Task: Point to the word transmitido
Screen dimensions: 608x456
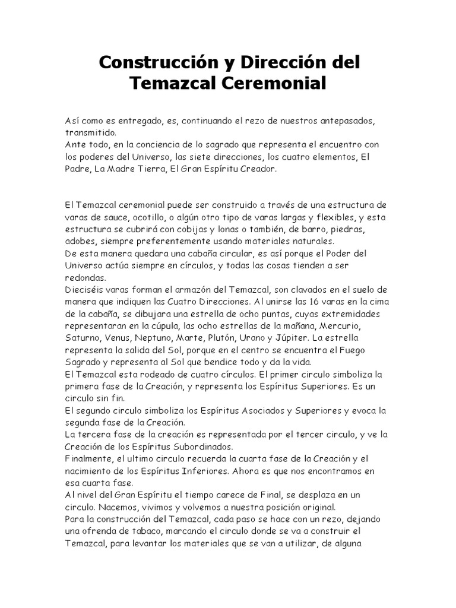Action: coord(91,132)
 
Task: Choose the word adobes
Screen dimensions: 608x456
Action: coord(83,241)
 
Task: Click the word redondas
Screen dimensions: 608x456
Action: coord(85,277)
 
